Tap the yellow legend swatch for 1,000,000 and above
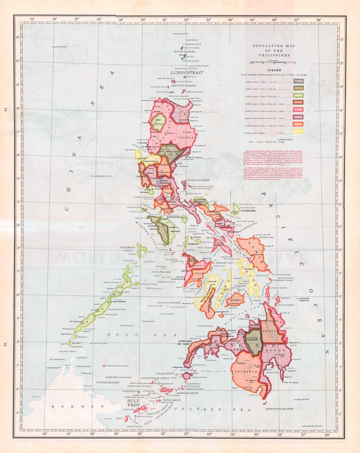(x=298, y=131)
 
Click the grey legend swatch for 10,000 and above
(x=298, y=81)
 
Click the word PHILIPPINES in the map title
(x=274, y=55)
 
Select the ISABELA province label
(x=187, y=137)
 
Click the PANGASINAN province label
(x=149, y=161)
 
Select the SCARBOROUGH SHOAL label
(x=101, y=176)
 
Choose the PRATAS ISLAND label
(x=59, y=47)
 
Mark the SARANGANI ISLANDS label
(x=279, y=408)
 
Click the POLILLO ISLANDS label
(x=198, y=180)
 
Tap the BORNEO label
(x=77, y=406)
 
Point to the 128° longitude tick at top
(x=319, y=20)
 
